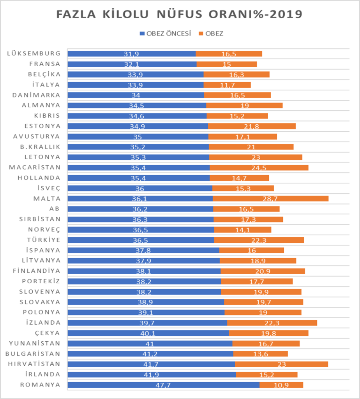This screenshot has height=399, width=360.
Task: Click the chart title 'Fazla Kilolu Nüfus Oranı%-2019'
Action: [180, 14]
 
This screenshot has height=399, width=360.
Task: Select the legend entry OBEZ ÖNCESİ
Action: [165, 34]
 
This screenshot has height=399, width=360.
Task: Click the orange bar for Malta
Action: [270, 198]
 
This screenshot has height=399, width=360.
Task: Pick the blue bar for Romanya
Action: [163, 385]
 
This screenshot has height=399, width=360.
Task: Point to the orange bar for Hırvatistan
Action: [281, 364]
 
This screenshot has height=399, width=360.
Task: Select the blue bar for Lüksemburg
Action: [131, 54]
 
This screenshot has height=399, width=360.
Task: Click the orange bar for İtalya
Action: [227, 85]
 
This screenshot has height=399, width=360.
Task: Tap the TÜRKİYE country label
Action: [44, 240]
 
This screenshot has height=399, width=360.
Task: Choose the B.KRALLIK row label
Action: [42, 147]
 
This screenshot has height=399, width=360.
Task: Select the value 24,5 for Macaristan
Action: [258, 168]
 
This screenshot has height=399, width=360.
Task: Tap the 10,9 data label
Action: [281, 385]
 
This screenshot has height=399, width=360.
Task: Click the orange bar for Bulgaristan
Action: [260, 354]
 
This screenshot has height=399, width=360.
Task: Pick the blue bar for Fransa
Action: [132, 64]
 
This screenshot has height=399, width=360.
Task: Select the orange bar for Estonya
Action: [252, 126]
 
